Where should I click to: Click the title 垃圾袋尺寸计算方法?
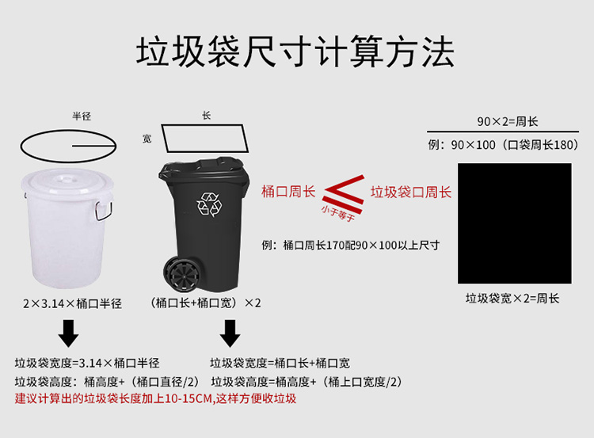(x=295, y=52)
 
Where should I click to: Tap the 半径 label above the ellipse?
(x=82, y=116)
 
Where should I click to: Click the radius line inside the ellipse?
(x=94, y=146)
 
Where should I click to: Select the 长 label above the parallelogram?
(x=206, y=115)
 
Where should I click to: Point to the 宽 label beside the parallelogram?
(x=147, y=139)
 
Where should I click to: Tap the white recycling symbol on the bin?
(x=209, y=204)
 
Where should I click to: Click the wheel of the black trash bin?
(x=181, y=273)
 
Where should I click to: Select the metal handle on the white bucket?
(x=104, y=210)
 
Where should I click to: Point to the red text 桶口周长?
(x=288, y=192)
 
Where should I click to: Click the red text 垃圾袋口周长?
(x=411, y=192)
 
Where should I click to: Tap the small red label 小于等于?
(x=338, y=213)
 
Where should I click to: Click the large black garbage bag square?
(x=515, y=223)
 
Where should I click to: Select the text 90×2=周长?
(x=508, y=122)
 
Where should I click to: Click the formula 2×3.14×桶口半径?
(x=72, y=303)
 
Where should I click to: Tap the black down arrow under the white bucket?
(x=68, y=333)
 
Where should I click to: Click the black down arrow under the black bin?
(x=230, y=333)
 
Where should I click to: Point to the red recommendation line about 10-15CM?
(x=155, y=398)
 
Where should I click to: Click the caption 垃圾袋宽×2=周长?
(x=512, y=299)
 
